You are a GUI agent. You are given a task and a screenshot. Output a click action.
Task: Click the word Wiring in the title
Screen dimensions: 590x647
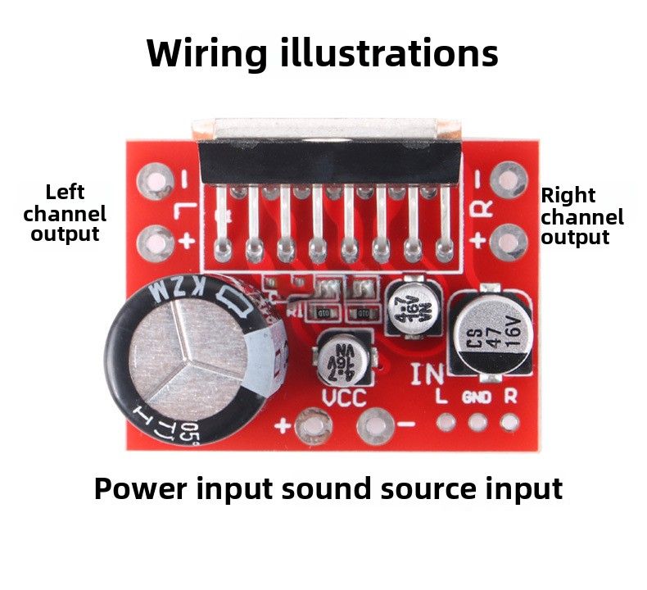pos(206,54)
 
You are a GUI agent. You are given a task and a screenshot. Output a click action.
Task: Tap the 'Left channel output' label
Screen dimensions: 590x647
pos(65,213)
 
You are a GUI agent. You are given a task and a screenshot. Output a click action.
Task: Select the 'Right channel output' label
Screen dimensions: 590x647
pos(582,216)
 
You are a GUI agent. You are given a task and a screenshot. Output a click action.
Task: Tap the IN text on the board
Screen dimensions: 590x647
pos(427,374)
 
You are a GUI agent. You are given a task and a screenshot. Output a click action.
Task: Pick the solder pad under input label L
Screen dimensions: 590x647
pos(446,422)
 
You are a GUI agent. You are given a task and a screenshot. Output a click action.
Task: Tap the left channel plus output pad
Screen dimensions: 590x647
pos(154,241)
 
